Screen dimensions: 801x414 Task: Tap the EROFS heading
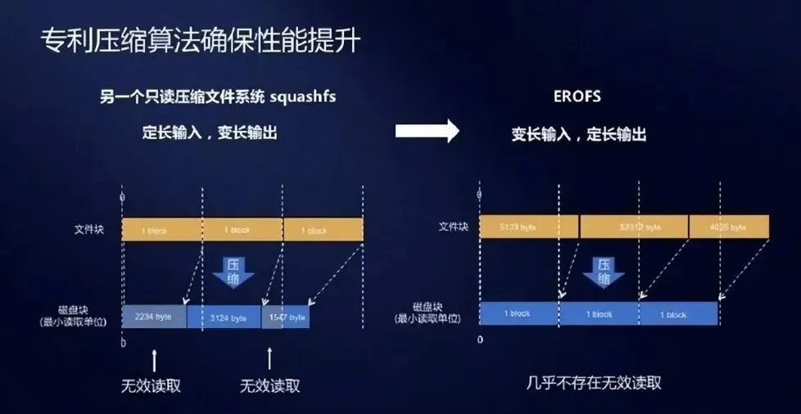coord(577,97)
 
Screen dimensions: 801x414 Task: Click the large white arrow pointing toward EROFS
coord(427,132)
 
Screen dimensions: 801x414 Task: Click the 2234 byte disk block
coord(154,317)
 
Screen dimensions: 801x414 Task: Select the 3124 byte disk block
coord(224,317)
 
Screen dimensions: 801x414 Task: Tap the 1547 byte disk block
coord(285,317)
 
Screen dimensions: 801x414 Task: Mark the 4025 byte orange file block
coord(729,227)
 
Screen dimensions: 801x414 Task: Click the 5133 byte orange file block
coord(528,227)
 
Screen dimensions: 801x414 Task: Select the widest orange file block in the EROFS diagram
coord(633,227)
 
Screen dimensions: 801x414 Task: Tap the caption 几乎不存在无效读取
coord(595,382)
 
